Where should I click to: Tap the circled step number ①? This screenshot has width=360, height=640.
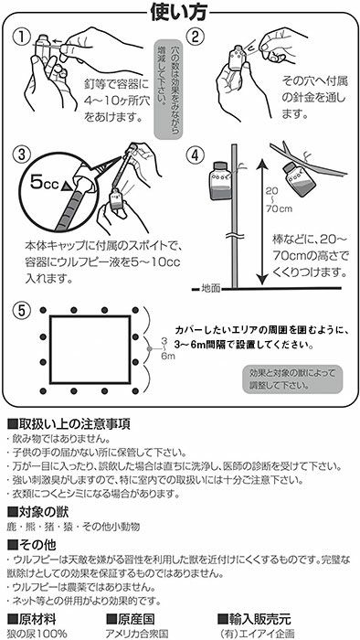tap(21, 37)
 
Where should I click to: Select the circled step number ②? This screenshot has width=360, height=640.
tap(195, 37)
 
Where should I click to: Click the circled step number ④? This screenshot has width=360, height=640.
tap(195, 154)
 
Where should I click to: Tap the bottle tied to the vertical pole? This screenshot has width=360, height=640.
tap(220, 180)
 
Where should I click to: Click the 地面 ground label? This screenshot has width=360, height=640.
tap(211, 289)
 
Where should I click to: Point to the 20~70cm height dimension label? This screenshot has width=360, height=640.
tap(279, 199)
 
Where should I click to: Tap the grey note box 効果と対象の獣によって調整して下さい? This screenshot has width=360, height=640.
tap(292, 379)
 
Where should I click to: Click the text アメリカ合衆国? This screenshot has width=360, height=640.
tap(136, 634)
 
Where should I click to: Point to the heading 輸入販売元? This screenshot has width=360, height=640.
tap(255, 619)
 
